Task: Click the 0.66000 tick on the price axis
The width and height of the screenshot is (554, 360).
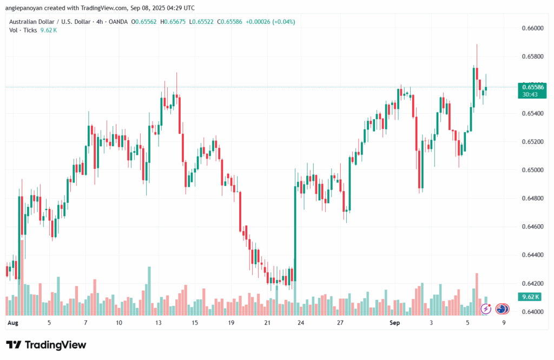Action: (532, 28)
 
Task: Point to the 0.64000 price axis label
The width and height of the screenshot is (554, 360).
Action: (532, 312)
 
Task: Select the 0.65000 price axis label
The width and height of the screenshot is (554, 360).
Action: (532, 170)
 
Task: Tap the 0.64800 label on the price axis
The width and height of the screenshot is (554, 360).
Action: (532, 198)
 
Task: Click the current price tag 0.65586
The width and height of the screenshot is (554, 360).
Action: (532, 87)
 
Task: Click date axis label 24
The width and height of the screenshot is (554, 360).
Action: (300, 323)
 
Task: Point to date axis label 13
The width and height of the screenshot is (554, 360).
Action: (158, 323)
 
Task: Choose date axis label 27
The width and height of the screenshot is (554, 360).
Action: (340, 323)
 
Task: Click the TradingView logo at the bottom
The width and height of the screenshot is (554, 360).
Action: (46, 345)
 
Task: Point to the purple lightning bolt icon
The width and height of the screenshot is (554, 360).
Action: (485, 309)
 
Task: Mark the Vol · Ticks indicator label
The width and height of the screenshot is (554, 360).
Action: (23, 30)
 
